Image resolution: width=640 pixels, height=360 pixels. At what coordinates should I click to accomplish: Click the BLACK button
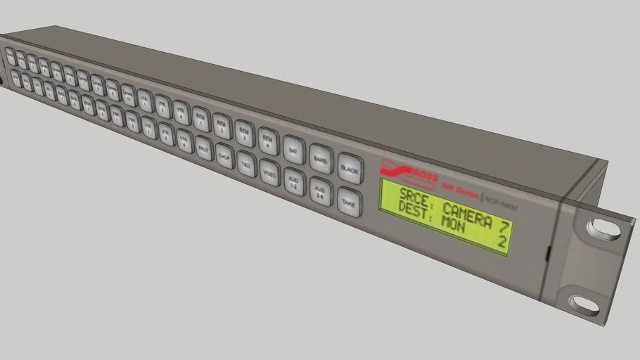pyautogui.click(x=349, y=169)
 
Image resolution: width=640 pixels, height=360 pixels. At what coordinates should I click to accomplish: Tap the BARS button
pyautogui.click(x=321, y=160)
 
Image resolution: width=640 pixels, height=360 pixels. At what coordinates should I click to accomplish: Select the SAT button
pyautogui.click(x=294, y=150)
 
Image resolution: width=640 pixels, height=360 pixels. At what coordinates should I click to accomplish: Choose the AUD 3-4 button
pyautogui.click(x=320, y=191)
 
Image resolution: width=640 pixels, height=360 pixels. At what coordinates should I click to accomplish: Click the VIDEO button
pyautogui.click(x=269, y=172)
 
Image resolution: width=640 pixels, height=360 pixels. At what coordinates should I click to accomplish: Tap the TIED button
pyautogui.click(x=246, y=164)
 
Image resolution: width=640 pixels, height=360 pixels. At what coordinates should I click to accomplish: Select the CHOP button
pyautogui.click(x=224, y=156)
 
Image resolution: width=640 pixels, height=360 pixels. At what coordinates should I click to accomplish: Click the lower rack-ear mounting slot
pyautogui.click(x=584, y=304)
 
